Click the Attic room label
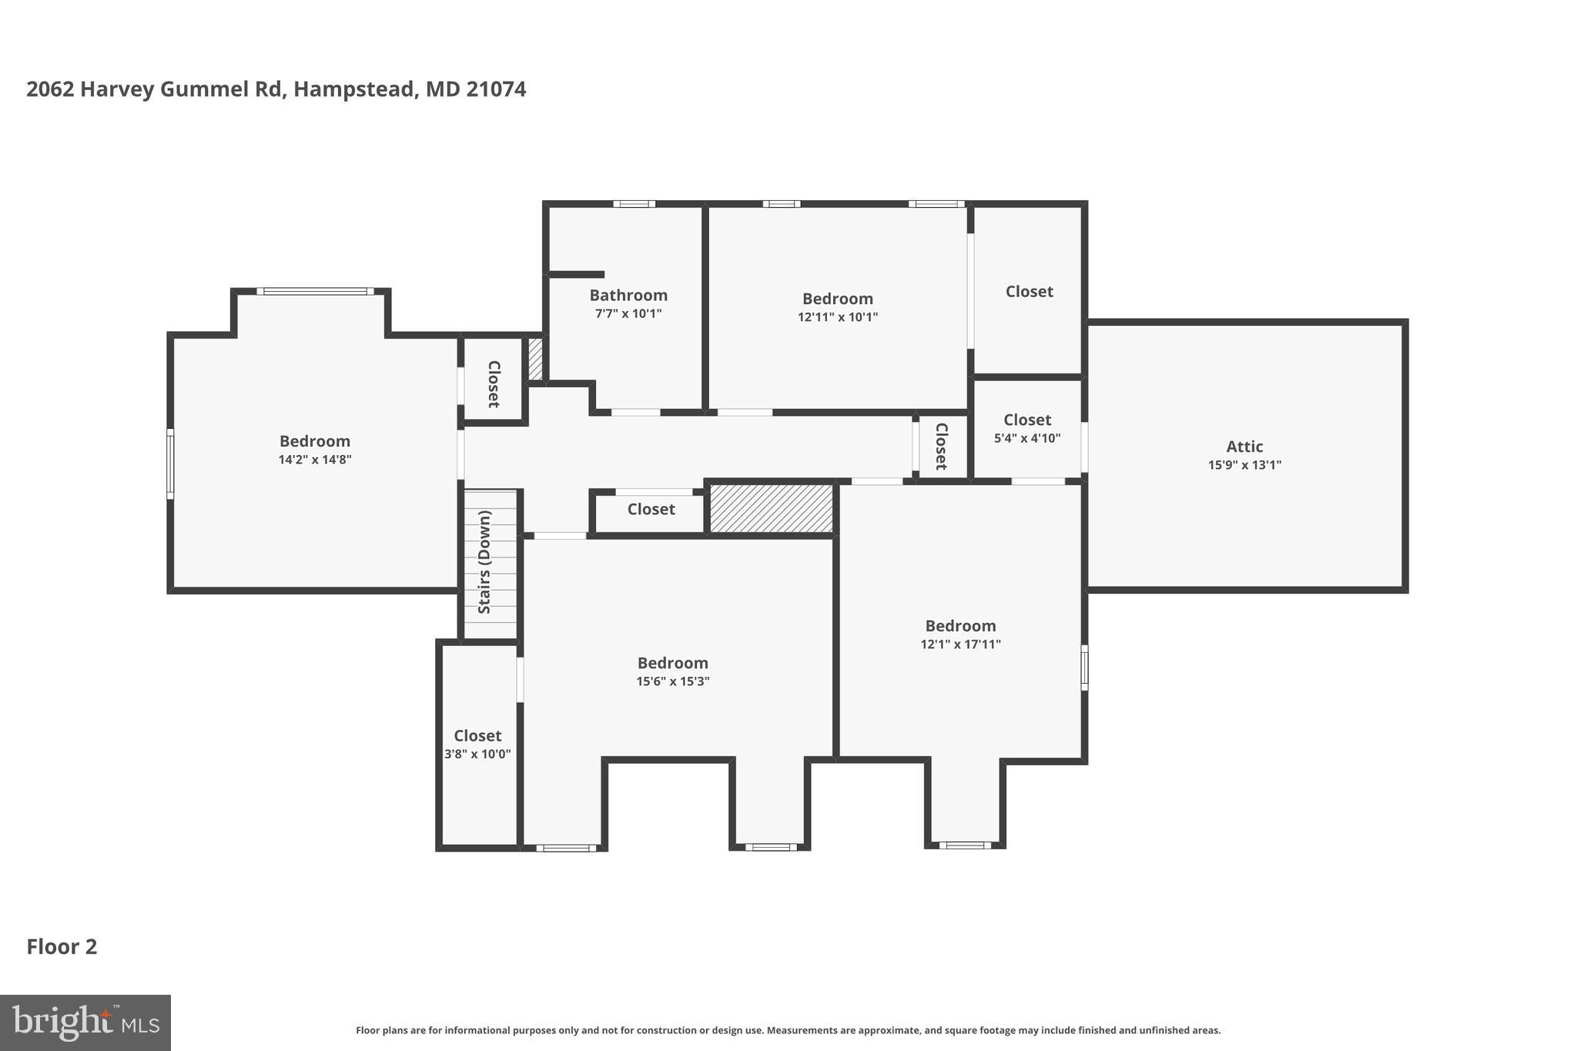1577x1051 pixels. click(x=1244, y=447)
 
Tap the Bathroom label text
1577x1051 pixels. click(x=628, y=296)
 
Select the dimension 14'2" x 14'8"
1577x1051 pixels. click(x=315, y=460)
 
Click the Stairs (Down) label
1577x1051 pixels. click(x=484, y=562)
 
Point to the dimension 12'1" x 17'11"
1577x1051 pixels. click(x=960, y=644)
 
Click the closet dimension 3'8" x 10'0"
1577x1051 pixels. click(x=477, y=755)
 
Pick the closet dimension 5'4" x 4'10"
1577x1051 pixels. click(x=1027, y=439)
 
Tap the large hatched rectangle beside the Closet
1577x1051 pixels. click(x=771, y=508)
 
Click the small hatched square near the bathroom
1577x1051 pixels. click(x=535, y=359)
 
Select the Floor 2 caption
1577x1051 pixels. click(x=62, y=947)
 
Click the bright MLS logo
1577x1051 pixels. click(x=85, y=1023)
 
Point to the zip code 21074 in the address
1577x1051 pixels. click(x=496, y=89)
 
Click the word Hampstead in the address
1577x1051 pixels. click(x=355, y=89)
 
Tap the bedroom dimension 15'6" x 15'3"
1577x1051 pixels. click(x=672, y=681)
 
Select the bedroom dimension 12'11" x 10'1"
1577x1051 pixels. click(x=838, y=317)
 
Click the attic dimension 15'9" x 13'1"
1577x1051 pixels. click(x=1244, y=465)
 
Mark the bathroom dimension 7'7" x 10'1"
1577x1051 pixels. click(x=628, y=314)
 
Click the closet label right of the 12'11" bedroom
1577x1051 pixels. click(x=1029, y=292)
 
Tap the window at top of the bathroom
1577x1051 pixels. click(x=634, y=204)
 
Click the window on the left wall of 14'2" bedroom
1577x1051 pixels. click(x=171, y=464)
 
